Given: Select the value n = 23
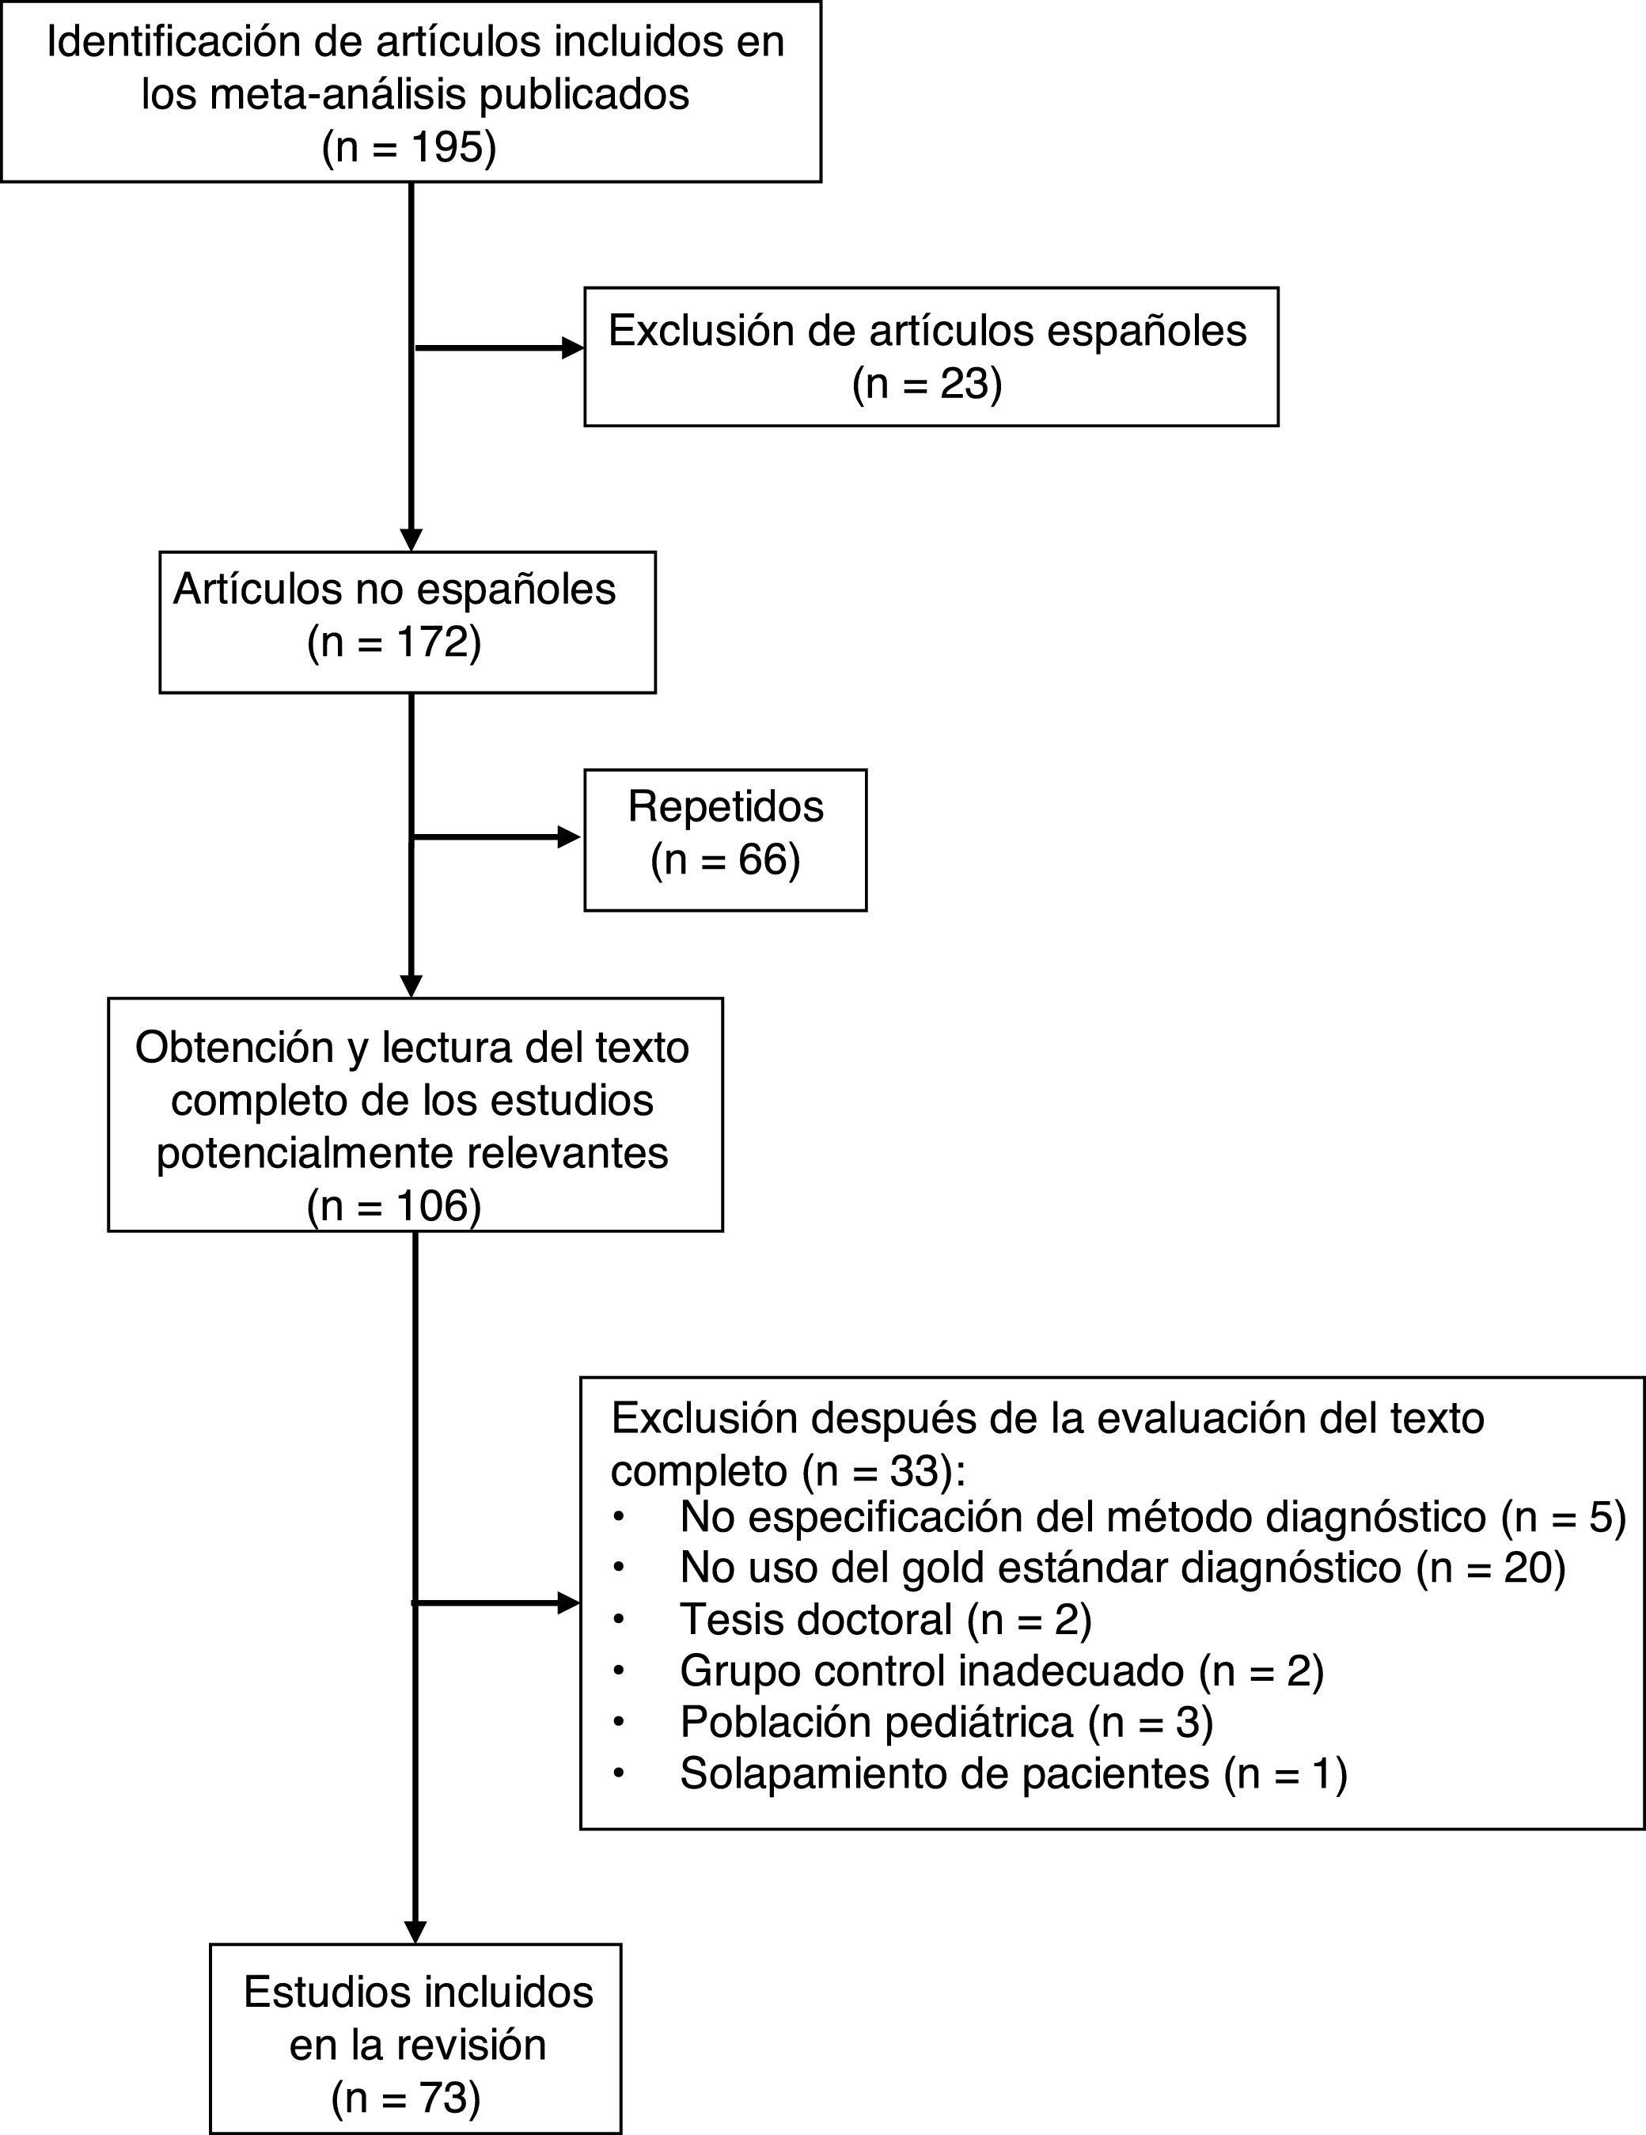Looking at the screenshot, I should click(x=927, y=384).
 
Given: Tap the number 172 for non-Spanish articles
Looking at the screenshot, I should click(x=433, y=643).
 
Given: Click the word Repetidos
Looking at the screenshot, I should click(x=725, y=806).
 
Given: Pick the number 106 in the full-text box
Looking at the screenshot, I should click(x=433, y=1206).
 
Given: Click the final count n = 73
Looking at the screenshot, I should click(x=406, y=2098).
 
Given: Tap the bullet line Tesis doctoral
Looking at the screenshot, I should click(x=885, y=1620).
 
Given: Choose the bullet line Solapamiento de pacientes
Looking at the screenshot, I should click(x=1013, y=1773).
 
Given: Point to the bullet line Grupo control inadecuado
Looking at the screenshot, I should click(x=1001, y=1670).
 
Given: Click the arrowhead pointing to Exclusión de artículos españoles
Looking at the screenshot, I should click(x=572, y=348).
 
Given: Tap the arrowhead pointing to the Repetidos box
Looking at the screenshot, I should click(x=568, y=836).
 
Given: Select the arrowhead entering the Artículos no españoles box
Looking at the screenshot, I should click(x=411, y=540).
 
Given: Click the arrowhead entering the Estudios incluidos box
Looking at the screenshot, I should click(x=415, y=1932).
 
